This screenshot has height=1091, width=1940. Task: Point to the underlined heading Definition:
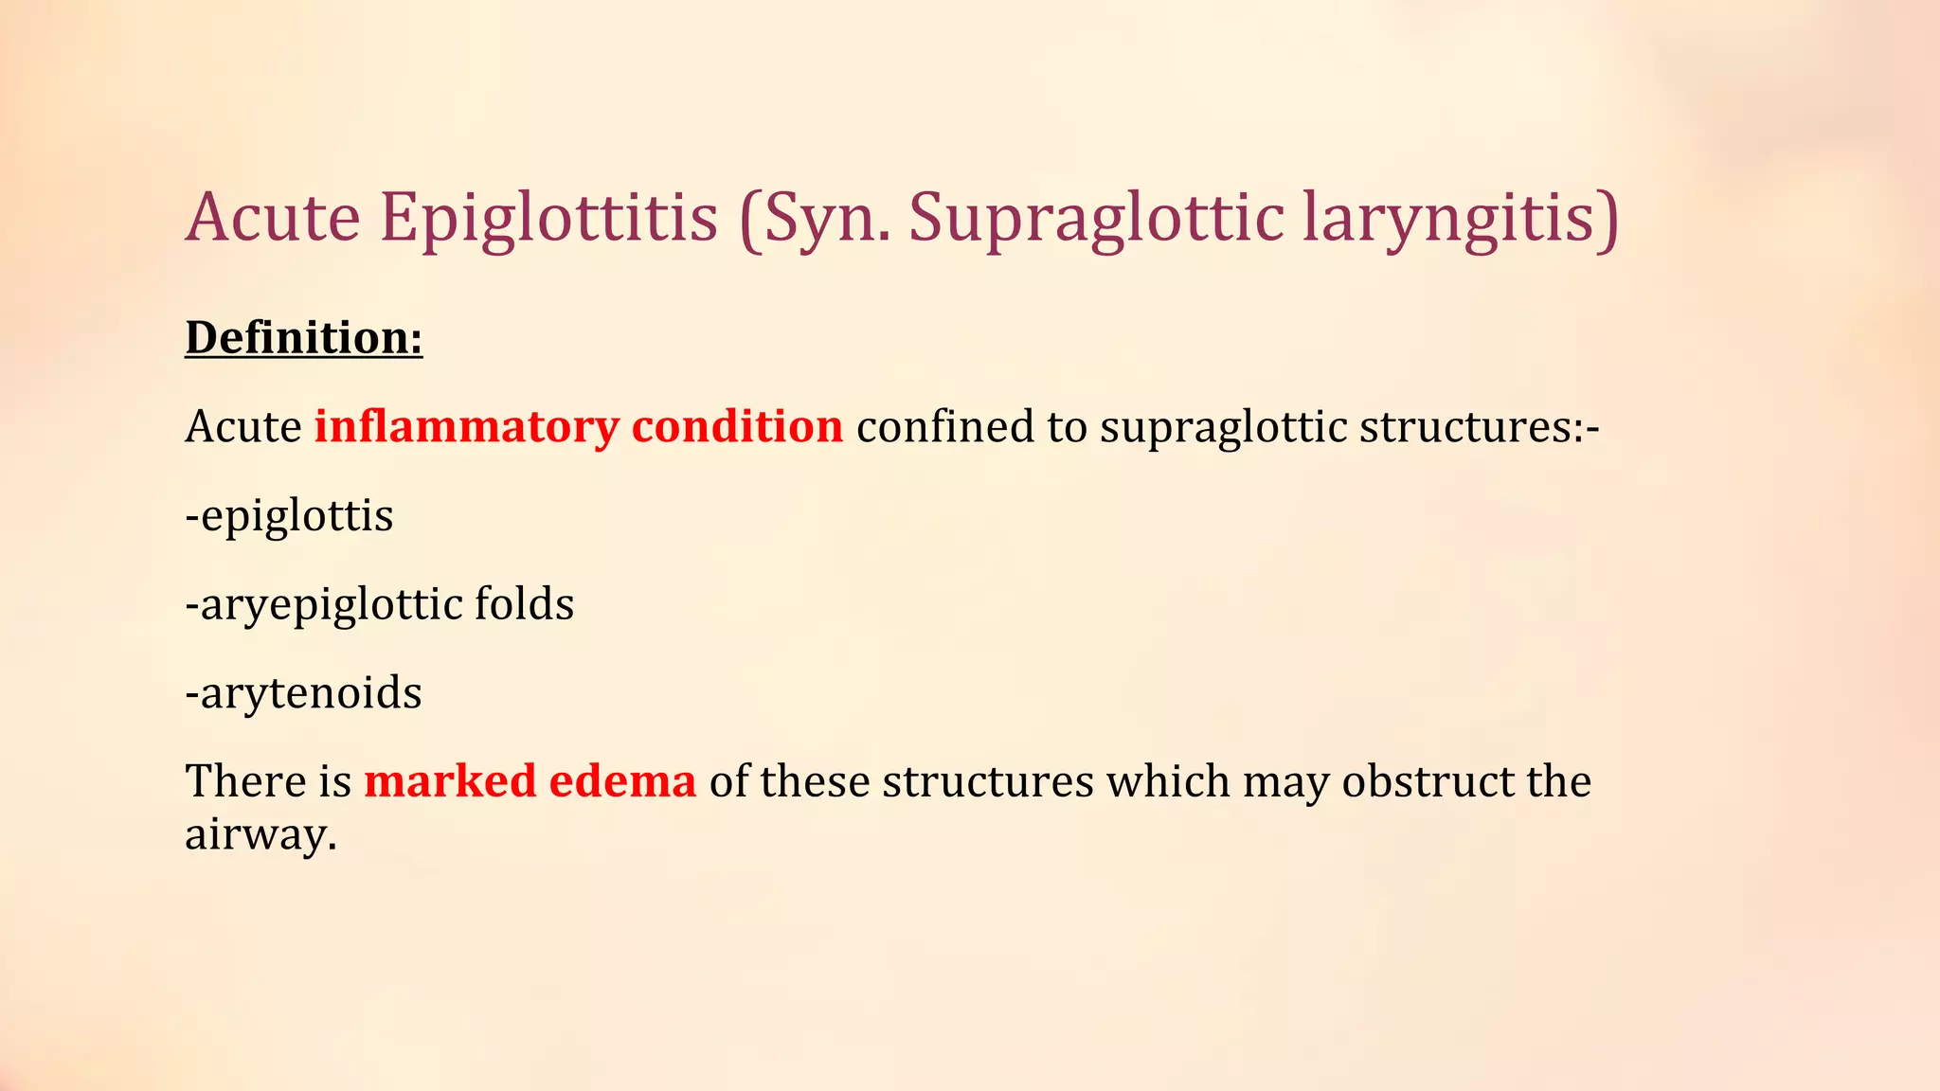coord(303,338)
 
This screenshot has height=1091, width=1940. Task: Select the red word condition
coord(737,426)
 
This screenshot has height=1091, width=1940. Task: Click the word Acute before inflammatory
coord(242,426)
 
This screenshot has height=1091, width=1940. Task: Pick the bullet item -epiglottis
coord(289,516)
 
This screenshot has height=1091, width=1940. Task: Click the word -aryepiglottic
coord(323,605)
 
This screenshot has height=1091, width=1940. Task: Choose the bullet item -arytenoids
coord(303,693)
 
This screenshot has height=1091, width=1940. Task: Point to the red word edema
coord(622,781)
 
